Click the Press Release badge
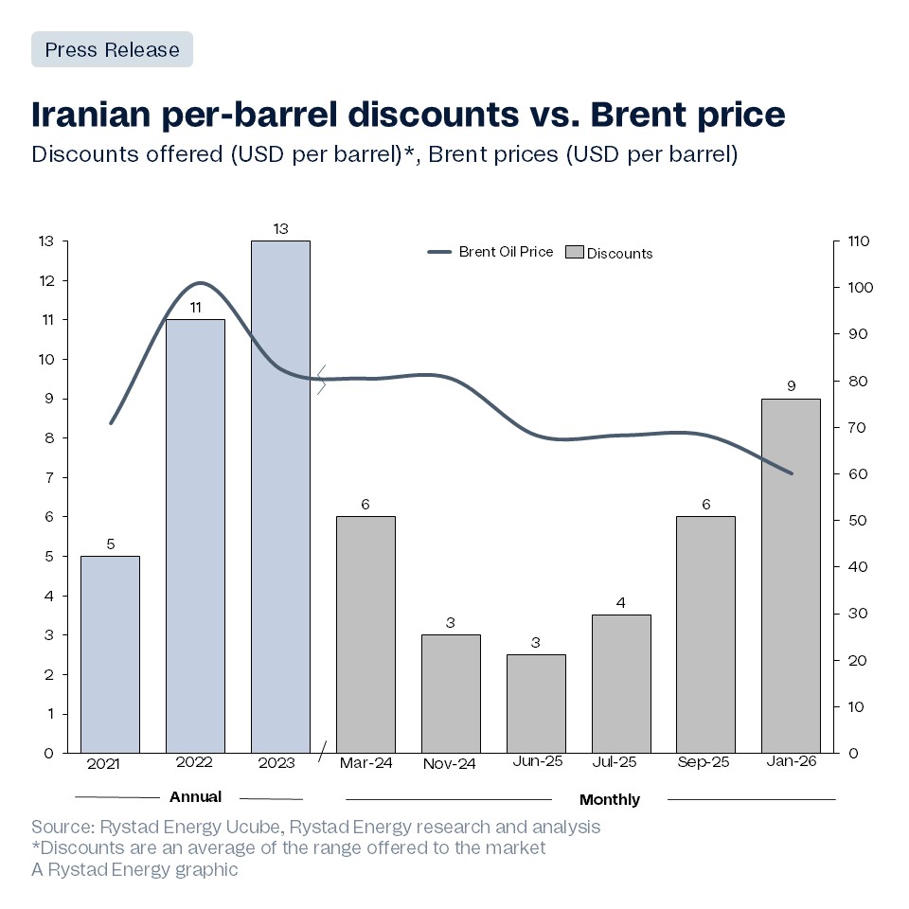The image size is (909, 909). point(112,49)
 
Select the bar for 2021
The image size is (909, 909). point(110,653)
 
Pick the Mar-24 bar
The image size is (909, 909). point(365,634)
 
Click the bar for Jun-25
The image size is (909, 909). point(536,703)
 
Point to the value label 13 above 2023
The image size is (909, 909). point(280,228)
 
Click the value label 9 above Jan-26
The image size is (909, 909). point(791,386)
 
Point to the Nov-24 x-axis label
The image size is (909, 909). point(451,763)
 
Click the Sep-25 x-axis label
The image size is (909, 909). point(705,763)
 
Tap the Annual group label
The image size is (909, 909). point(195,796)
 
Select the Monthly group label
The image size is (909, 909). point(609,799)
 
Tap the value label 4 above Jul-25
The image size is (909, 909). point(621,603)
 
